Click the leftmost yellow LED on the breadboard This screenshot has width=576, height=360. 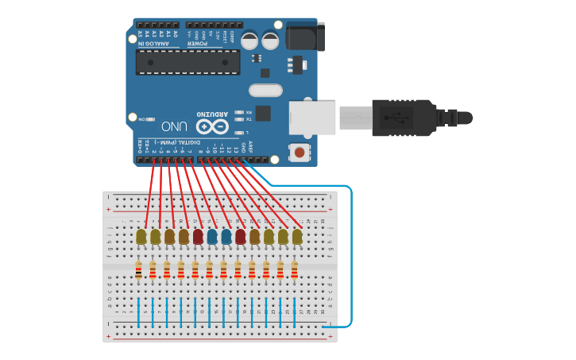(x=141, y=236)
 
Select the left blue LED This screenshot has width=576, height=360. (x=212, y=236)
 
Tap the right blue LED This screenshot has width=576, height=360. (x=226, y=236)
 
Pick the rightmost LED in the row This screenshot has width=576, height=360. (x=297, y=236)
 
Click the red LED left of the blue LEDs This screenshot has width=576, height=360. (x=198, y=236)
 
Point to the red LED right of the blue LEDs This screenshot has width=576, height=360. (x=240, y=236)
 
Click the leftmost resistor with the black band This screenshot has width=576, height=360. (x=139, y=271)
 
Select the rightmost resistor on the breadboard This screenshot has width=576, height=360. (x=295, y=271)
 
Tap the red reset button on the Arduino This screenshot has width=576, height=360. (x=300, y=151)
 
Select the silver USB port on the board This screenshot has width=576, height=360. (x=312, y=116)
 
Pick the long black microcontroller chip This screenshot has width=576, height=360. (x=187, y=62)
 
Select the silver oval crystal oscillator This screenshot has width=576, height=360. (x=265, y=91)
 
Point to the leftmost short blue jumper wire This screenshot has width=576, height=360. (x=139, y=312)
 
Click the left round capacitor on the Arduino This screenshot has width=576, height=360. (x=250, y=39)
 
